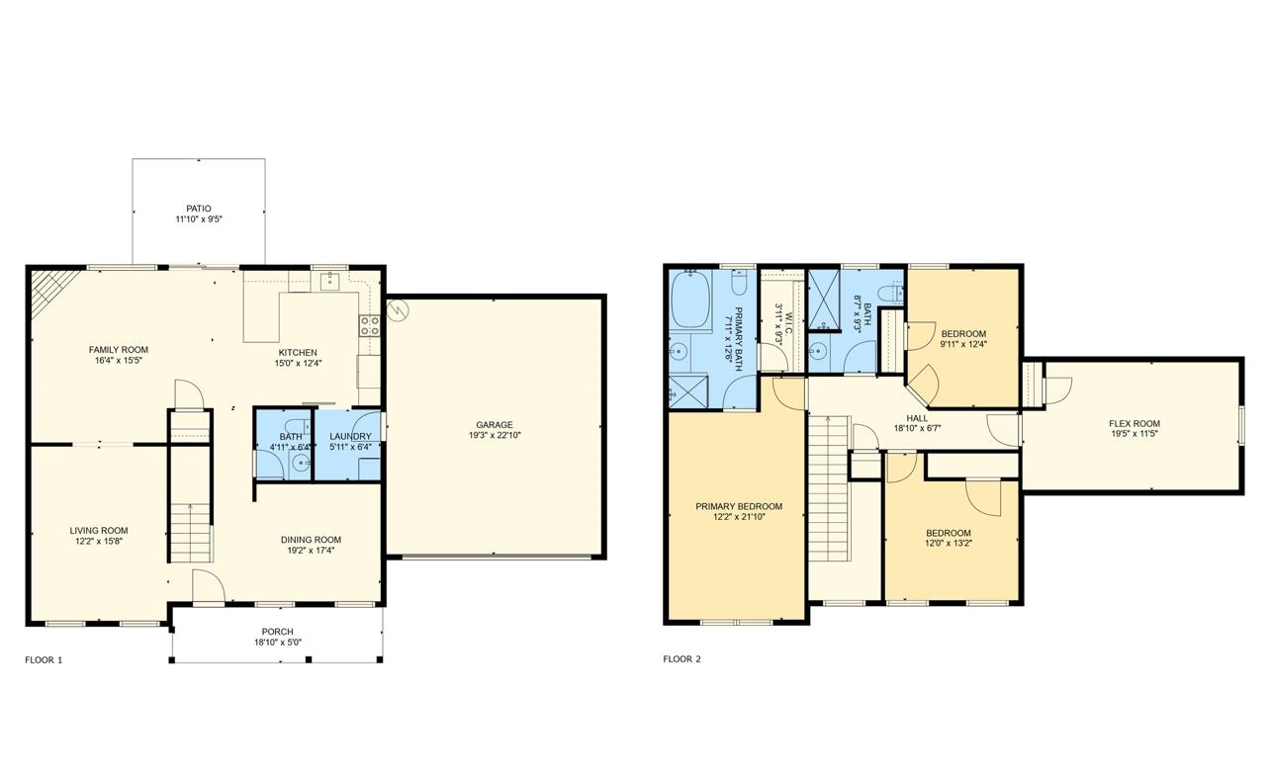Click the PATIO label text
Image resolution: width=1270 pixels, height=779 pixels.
(199, 209)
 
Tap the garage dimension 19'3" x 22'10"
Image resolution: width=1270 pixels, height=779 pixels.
(495, 435)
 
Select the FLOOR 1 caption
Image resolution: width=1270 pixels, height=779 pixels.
(44, 660)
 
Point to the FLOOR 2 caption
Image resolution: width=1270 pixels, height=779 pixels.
(682, 659)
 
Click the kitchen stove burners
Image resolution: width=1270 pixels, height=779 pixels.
(369, 326)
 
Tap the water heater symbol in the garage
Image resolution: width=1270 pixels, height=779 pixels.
(398, 309)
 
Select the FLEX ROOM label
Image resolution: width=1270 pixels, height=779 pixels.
(1134, 423)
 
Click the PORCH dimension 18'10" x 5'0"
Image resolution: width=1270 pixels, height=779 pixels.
(278, 643)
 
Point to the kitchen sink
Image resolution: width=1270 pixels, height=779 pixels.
(330, 281)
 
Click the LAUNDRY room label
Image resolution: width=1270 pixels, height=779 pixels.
(350, 436)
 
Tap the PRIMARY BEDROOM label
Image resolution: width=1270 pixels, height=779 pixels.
(739, 506)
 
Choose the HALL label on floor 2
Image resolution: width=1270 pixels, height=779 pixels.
(917, 418)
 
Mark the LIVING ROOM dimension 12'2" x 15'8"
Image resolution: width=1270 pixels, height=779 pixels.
(99, 541)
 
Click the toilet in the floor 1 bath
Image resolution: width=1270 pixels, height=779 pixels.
(297, 427)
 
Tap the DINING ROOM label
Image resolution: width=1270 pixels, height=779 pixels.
(311, 540)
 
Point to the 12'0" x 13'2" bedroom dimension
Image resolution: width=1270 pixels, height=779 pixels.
(949, 543)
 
